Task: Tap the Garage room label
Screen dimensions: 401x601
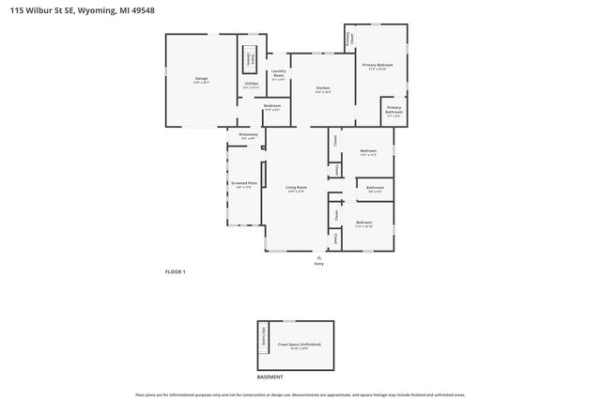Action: pos(201,80)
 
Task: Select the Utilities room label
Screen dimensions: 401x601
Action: pos(251,85)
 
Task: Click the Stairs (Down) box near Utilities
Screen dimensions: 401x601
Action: pos(251,56)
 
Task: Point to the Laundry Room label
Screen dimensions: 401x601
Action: pos(279,73)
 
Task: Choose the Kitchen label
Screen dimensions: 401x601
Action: pos(322,89)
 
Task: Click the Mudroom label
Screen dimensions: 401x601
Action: pos(272,107)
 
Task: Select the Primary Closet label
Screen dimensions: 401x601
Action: pos(350,39)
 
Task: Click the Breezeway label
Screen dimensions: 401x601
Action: pos(247,136)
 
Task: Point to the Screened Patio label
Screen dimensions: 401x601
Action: pos(244,185)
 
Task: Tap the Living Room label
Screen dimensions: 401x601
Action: pos(296,190)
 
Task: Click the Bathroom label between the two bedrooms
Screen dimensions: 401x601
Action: pos(375,189)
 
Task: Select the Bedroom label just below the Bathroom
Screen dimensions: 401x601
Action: pos(364,224)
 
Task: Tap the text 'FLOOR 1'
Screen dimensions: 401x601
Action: pos(176,271)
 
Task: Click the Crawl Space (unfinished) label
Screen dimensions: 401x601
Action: pos(300,347)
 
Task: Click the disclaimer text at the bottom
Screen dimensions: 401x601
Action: pos(300,395)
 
